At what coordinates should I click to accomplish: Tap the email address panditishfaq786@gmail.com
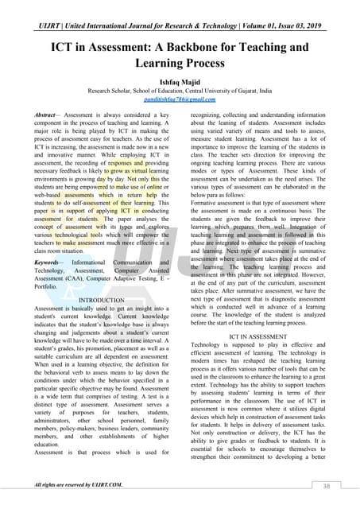coord(180,99)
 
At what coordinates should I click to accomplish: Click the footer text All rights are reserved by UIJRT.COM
coord(79,484)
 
